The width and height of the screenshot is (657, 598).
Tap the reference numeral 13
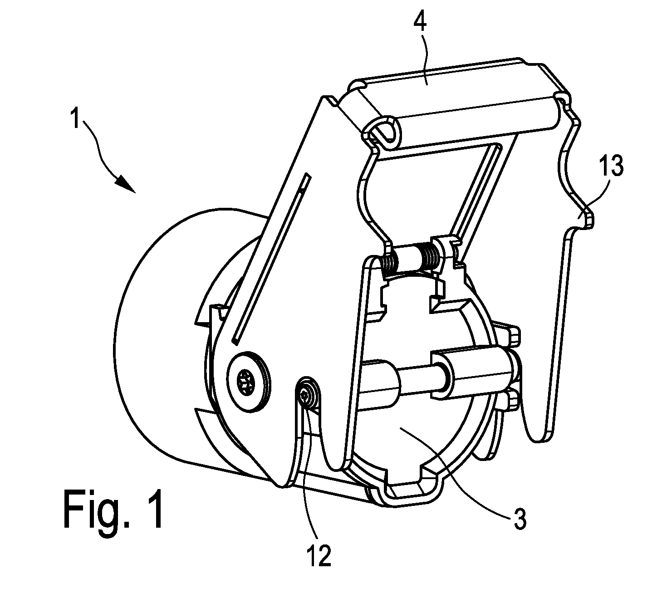click(612, 166)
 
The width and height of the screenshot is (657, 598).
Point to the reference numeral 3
click(520, 518)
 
